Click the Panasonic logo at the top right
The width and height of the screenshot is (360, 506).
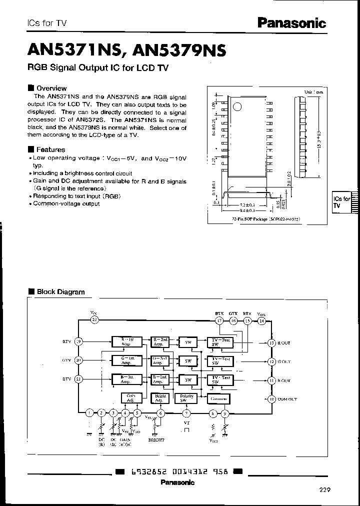291,22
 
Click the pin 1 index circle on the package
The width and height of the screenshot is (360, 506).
238,106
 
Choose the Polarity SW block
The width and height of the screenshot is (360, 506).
187,398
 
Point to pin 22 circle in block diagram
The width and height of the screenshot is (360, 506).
94,320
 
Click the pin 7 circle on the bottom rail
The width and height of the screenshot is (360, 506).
186,413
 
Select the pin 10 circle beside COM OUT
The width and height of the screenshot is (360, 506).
271,398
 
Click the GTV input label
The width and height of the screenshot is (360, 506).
67,360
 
